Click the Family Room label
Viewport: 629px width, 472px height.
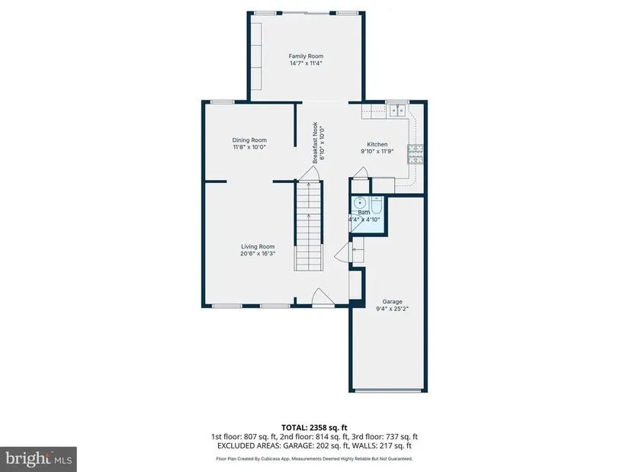click(x=306, y=56)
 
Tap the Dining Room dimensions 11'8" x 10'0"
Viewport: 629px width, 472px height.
click(x=249, y=147)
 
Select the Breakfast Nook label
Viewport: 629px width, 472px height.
click(x=316, y=143)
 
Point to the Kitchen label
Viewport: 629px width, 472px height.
click(x=377, y=144)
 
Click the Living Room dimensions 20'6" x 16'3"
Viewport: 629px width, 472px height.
click(x=258, y=254)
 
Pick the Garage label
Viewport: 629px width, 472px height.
click(x=393, y=301)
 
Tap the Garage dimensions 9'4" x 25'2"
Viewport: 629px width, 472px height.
click(x=393, y=309)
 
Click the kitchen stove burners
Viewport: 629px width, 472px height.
click(x=416, y=154)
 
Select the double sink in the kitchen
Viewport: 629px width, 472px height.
click(x=398, y=110)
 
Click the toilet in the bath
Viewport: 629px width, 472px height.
click(x=377, y=204)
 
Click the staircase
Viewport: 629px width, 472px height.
click(x=309, y=226)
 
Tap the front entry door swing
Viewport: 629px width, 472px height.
click(x=323, y=297)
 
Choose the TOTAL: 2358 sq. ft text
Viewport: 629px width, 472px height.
click(x=314, y=428)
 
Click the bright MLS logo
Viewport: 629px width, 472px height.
click(x=39, y=459)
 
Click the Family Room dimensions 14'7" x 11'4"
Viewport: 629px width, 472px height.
click(x=306, y=63)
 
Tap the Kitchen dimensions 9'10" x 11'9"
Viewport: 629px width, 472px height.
click(x=377, y=151)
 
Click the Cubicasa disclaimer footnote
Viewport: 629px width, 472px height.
click(x=314, y=459)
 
